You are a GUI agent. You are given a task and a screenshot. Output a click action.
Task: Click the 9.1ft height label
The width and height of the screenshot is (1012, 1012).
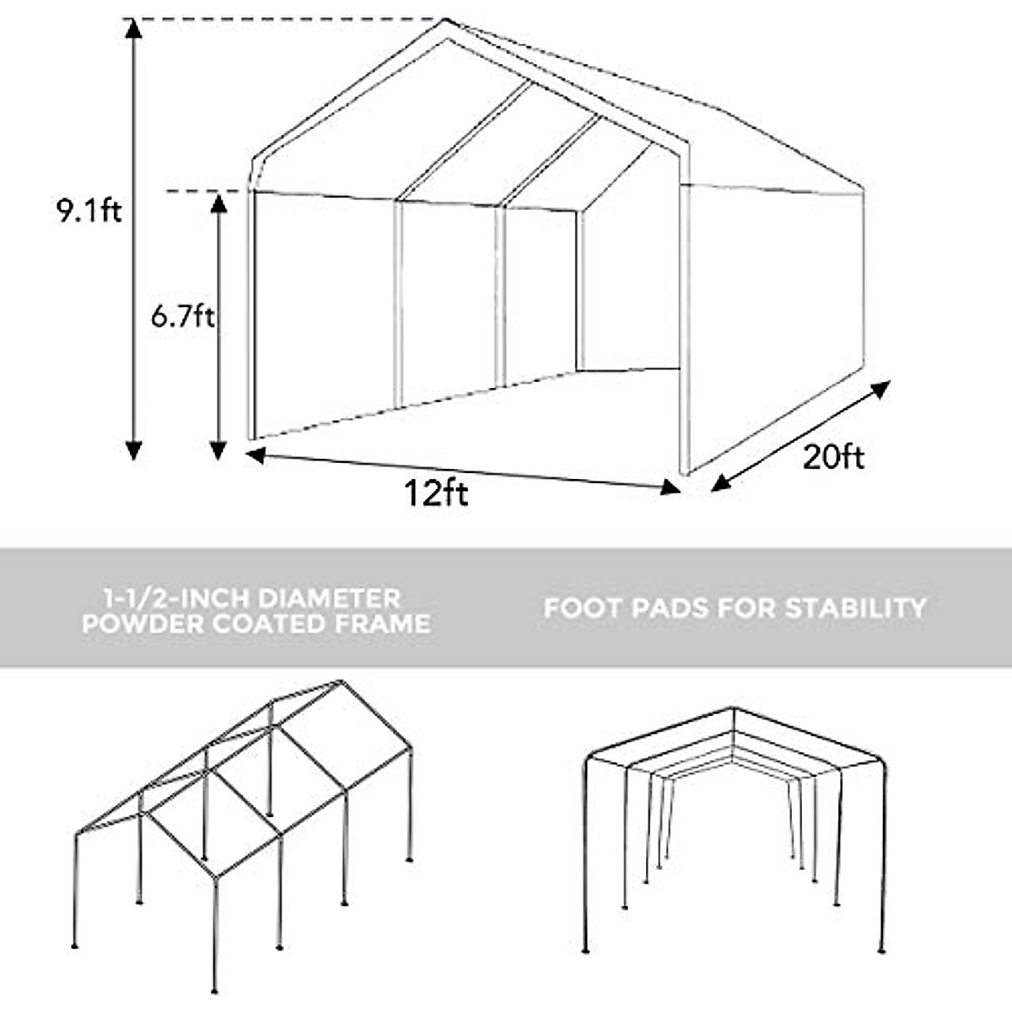(89, 209)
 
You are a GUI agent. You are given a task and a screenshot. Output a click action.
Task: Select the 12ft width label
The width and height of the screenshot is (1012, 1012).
(435, 493)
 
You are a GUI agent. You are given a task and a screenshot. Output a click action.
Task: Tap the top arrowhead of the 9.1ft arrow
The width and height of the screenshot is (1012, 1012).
(132, 28)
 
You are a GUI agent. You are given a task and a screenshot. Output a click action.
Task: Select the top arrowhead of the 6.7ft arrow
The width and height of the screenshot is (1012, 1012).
(218, 203)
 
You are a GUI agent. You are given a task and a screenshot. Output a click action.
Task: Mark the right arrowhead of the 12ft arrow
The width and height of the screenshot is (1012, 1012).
(670, 487)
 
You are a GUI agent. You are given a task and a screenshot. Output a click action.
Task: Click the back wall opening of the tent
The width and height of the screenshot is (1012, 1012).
(629, 287)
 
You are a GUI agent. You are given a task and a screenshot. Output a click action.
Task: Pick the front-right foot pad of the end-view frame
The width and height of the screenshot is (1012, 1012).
(882, 949)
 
